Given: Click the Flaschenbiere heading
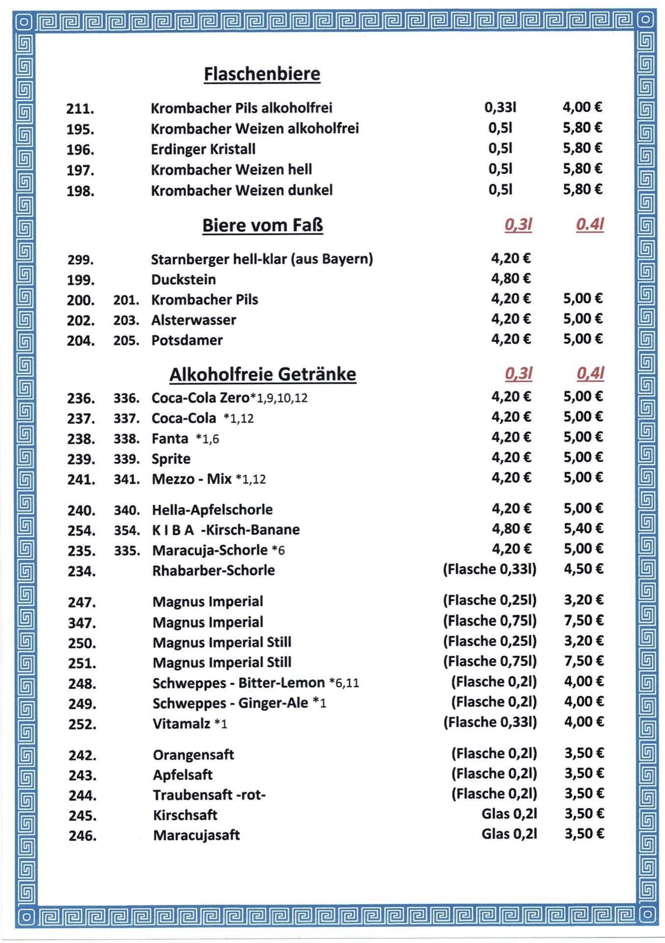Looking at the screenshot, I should point(262,74).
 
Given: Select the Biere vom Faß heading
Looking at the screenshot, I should point(263,225).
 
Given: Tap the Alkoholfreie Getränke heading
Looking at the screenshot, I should point(263,375).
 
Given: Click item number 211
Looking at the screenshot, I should point(80,109).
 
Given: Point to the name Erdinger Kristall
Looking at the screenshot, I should point(203,149).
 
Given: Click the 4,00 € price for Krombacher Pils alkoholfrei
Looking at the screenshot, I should point(582,107).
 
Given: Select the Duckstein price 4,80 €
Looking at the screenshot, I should point(511,279).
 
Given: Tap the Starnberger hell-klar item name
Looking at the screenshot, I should point(262,259).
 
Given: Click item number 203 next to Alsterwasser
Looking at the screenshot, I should point(126,320).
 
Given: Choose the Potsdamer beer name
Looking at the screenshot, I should point(187,340).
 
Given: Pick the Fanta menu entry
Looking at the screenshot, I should point(170,439).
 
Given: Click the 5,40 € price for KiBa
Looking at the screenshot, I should point(583,528).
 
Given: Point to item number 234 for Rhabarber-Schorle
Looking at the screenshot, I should point(82,571).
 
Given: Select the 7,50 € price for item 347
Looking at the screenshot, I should point(583,620).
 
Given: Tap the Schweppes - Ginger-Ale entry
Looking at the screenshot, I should point(230,703).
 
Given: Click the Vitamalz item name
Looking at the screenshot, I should point(181,723).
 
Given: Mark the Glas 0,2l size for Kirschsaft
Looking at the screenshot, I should point(509,814).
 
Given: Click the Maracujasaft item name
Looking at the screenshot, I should point(196,835).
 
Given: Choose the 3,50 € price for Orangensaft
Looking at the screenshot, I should point(583,753).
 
